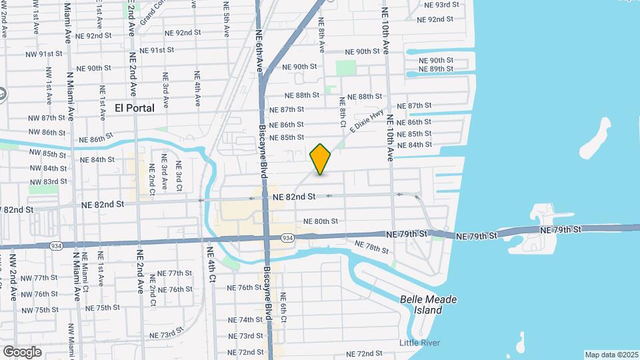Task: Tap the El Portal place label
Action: tap(135, 108)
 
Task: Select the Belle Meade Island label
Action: tap(429, 305)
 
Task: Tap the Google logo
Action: tap(22, 352)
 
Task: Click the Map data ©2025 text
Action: tap(611, 355)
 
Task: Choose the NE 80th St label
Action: tap(321, 221)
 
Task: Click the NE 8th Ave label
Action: tap(321, 36)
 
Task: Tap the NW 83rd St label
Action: tap(47, 181)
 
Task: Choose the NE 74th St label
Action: tap(245, 320)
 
